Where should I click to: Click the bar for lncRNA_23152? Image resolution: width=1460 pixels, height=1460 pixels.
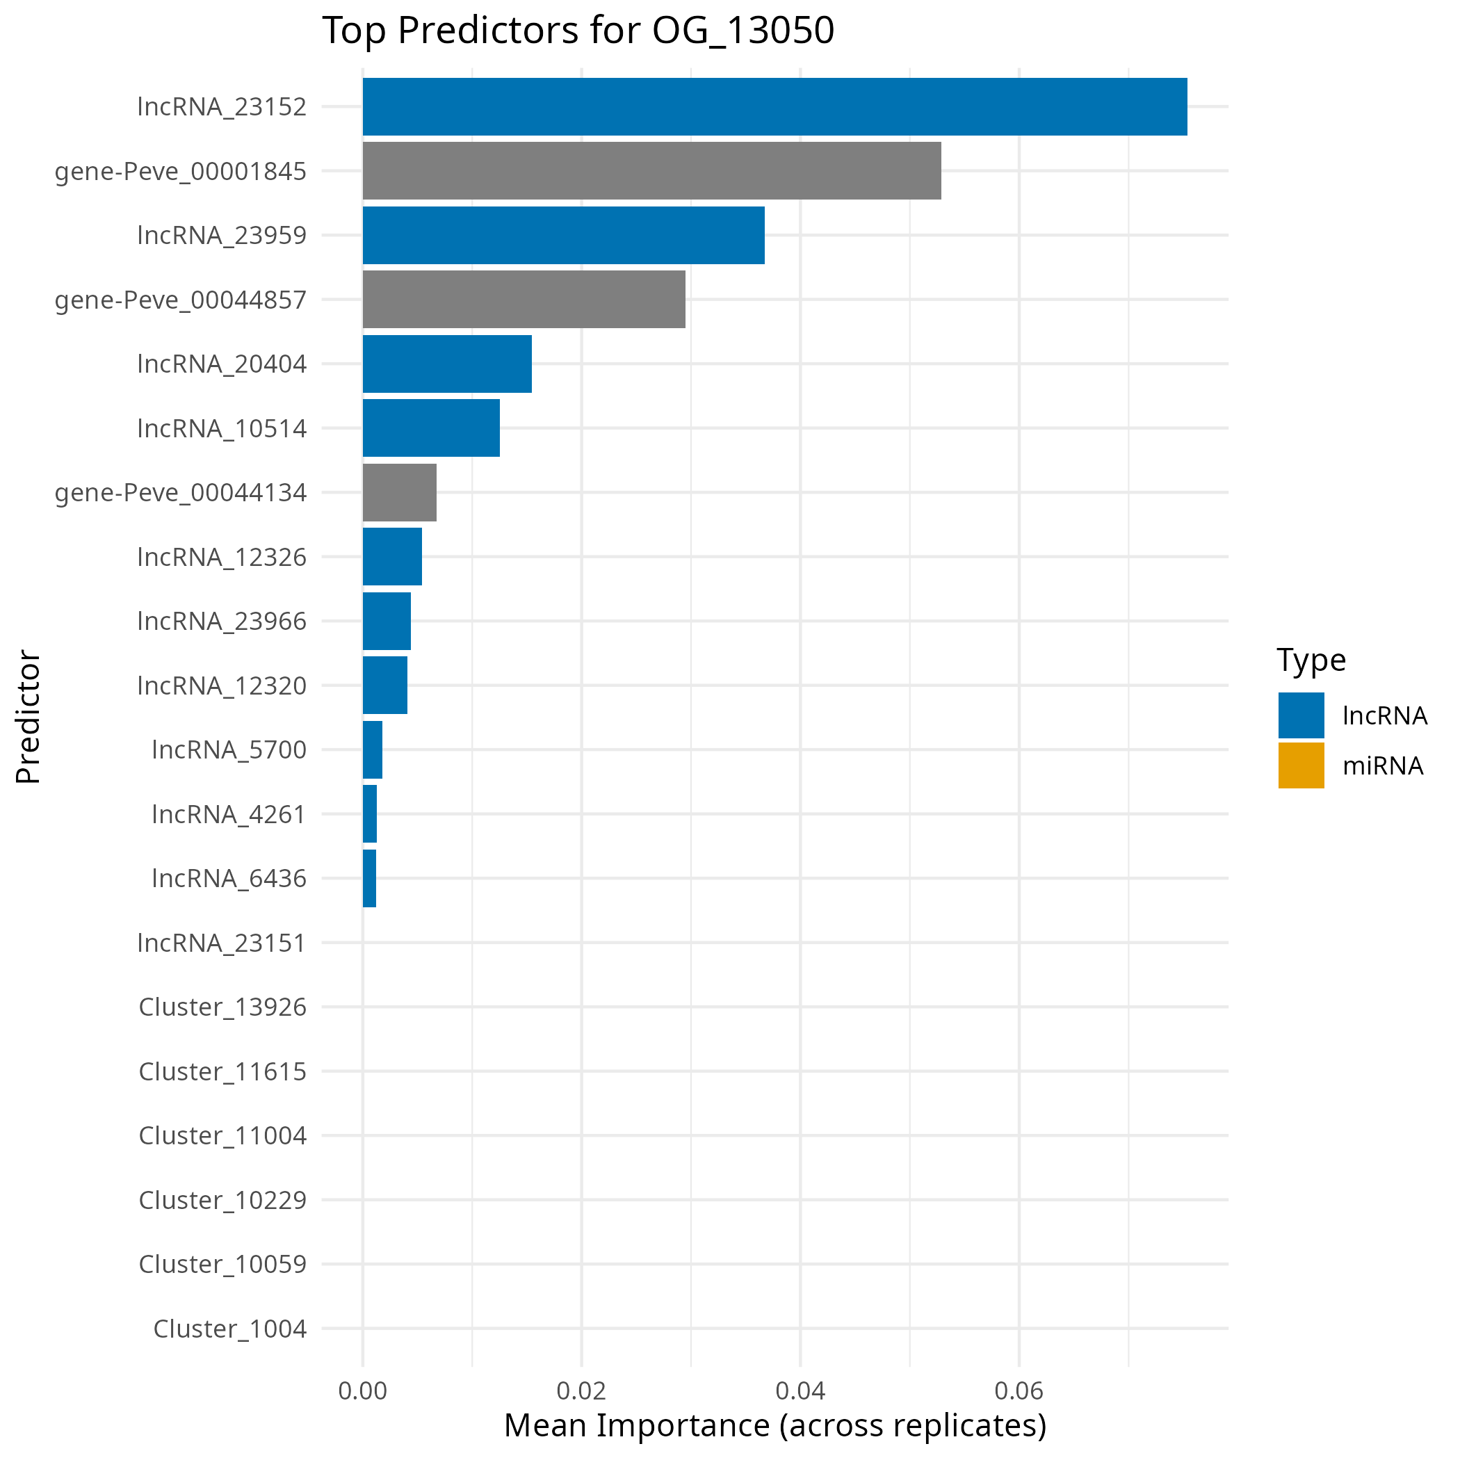click(x=774, y=106)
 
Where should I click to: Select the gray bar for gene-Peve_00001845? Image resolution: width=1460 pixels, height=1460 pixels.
click(x=651, y=171)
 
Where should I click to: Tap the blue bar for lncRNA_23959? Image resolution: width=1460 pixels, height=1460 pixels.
click(x=563, y=235)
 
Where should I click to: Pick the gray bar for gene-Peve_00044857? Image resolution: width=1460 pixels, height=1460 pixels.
click(x=524, y=299)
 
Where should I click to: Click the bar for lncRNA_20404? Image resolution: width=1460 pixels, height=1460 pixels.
click(x=446, y=364)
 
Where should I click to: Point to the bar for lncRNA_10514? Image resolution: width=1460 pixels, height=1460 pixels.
click(x=431, y=428)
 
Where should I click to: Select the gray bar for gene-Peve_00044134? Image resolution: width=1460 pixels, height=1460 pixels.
click(x=399, y=492)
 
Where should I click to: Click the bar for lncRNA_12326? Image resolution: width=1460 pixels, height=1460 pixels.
click(x=391, y=556)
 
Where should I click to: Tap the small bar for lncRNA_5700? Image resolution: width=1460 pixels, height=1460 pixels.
click(x=372, y=749)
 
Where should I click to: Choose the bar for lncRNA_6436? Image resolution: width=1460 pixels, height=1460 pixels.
click(x=368, y=878)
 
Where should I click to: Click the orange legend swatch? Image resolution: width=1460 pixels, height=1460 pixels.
click(x=1301, y=765)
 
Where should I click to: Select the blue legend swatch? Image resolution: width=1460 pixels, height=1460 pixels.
click(x=1301, y=715)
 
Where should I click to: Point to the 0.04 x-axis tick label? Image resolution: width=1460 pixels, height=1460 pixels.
click(x=800, y=1391)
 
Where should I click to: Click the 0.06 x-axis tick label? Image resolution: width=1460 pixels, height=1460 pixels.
click(x=1019, y=1391)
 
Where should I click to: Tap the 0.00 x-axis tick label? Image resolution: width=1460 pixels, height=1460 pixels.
click(x=363, y=1391)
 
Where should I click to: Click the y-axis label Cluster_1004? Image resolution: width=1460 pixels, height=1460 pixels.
click(x=229, y=1329)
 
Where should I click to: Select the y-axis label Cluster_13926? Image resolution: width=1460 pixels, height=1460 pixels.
click(x=222, y=1007)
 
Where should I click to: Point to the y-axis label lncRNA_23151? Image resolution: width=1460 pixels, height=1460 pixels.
click(x=221, y=943)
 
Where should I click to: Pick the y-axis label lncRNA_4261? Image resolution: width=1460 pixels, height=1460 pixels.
click(x=229, y=814)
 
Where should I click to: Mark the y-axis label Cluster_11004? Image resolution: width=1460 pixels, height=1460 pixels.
click(x=222, y=1136)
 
